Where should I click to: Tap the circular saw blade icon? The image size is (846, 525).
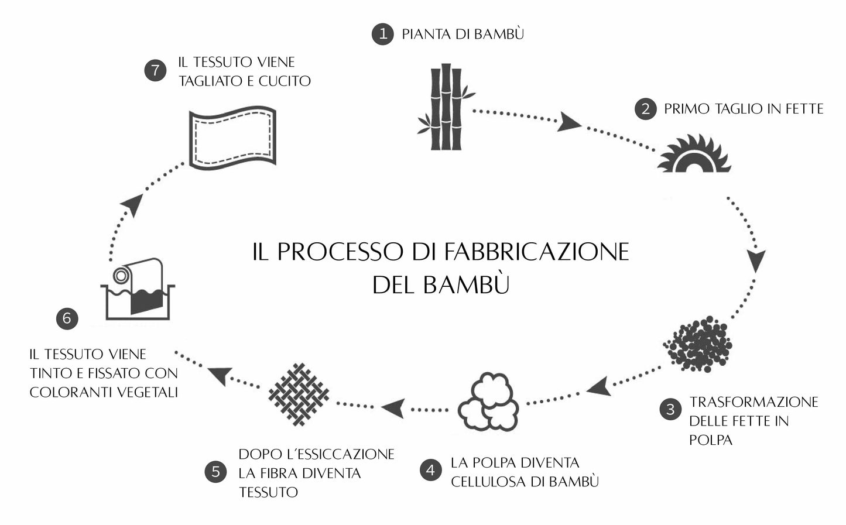pos(695,155)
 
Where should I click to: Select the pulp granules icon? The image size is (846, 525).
pos(698,345)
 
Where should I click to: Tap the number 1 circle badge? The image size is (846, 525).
pos(383,33)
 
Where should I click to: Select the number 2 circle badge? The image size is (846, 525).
pos(645,109)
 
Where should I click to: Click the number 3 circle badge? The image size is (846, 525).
pos(670,409)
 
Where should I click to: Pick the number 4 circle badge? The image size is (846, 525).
pos(431,470)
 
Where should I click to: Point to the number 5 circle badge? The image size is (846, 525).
pos(215,472)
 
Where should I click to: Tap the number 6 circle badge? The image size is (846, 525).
pos(67,318)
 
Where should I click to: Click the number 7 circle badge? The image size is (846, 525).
pos(155,71)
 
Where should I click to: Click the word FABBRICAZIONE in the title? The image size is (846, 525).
pos(536,252)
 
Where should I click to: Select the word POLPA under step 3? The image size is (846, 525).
pos(711,440)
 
